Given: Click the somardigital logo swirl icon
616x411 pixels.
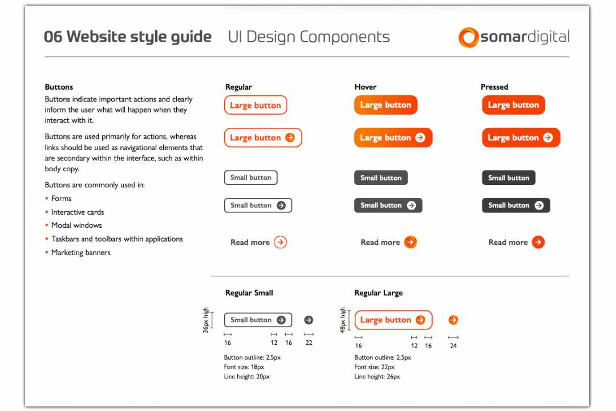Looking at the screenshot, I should click(468, 37).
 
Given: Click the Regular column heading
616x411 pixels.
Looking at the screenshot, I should click(238, 87).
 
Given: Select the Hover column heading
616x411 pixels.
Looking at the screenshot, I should click(365, 87).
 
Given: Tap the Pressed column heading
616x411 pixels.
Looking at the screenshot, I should click(494, 87).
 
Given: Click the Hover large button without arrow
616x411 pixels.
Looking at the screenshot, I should click(386, 105).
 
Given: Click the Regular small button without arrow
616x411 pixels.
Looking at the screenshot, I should click(251, 178).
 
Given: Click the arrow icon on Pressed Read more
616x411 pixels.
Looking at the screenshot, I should click(538, 242).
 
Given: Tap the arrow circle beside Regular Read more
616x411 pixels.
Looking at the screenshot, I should click(280, 242).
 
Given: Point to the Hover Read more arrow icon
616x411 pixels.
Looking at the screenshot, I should click(411, 242).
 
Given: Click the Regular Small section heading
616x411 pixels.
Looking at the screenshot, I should click(249, 293).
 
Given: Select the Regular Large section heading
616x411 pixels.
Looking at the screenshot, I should click(378, 293).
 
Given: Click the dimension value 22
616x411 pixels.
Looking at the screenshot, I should click(309, 343).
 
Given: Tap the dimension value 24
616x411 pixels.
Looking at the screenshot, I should click(453, 345).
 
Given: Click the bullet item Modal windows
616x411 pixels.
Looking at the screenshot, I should click(76, 225).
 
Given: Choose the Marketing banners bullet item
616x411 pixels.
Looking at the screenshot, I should click(81, 252).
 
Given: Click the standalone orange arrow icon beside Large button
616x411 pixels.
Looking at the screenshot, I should click(453, 320).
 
